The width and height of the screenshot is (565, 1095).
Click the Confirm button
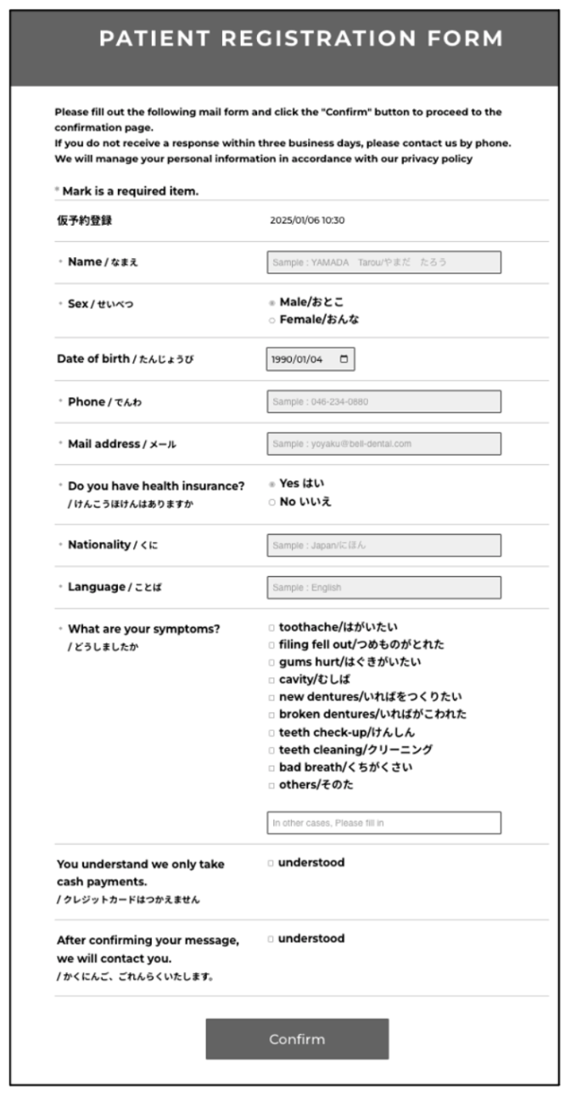click(297, 1039)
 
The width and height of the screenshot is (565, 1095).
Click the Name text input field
click(383, 262)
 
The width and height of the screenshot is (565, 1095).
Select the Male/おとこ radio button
click(271, 302)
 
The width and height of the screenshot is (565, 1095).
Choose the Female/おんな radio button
click(271, 320)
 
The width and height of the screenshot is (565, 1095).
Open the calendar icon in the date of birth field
click(344, 359)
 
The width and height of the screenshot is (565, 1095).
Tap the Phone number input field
click(383, 401)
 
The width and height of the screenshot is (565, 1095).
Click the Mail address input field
click(383, 443)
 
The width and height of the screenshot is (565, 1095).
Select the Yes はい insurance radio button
click(271, 484)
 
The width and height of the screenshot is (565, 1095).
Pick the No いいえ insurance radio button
click(271, 502)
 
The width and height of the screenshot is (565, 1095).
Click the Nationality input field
click(383, 545)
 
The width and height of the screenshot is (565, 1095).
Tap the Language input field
click(383, 587)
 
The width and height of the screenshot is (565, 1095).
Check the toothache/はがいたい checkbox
click(271, 628)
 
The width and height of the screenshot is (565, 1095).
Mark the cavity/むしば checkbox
click(271, 680)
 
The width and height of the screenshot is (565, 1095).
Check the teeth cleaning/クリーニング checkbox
click(271, 750)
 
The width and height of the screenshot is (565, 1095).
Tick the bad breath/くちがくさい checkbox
click(271, 768)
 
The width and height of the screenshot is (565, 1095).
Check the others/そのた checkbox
click(271, 785)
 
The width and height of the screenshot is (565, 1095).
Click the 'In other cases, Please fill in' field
click(383, 823)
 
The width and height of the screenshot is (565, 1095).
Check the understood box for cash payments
click(271, 863)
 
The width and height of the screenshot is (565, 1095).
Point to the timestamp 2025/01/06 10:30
click(307, 221)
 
